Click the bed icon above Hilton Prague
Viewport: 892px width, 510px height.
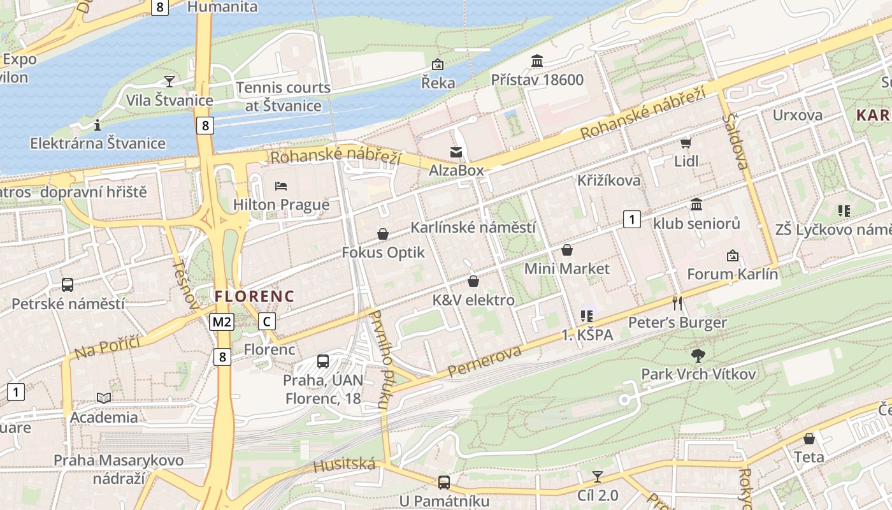[281, 186]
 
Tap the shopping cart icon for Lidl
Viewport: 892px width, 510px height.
[686, 143]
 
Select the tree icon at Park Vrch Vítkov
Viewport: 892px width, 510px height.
[698, 355]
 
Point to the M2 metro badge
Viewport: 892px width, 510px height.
[222, 322]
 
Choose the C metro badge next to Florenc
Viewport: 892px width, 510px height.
[267, 322]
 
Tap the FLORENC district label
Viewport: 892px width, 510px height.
[254, 296]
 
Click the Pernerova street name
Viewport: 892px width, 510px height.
[484, 361]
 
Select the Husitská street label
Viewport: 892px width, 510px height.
[344, 465]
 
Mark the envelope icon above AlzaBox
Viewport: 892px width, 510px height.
[456, 152]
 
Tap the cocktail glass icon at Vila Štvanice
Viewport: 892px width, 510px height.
[169, 81]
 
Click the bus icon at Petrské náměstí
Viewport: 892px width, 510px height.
[68, 285]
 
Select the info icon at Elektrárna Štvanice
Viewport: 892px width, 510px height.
[97, 124]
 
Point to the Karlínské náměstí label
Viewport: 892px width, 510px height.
[473, 228]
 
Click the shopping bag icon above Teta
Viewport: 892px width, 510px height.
[809, 439]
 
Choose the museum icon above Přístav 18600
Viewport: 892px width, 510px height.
[537, 61]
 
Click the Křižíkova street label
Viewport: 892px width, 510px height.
[608, 180]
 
